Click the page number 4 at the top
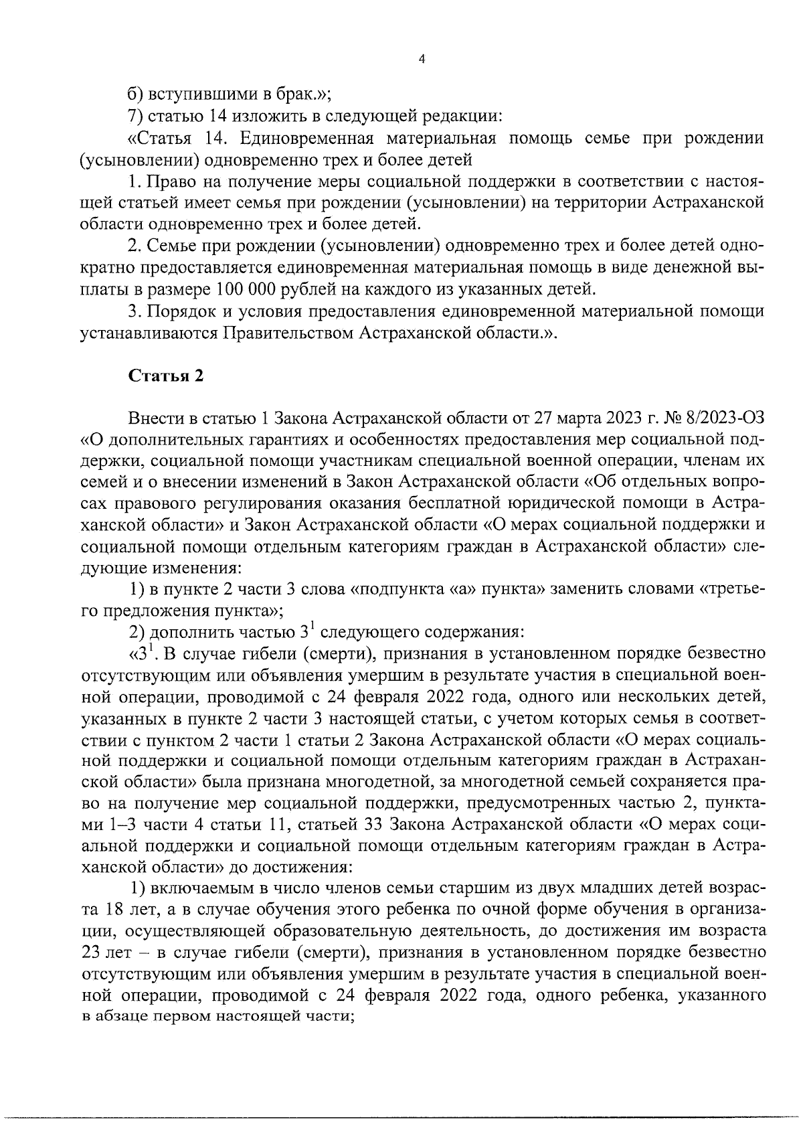pyautogui.click(x=421, y=59)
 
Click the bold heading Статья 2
pyautogui.click(x=165, y=376)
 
